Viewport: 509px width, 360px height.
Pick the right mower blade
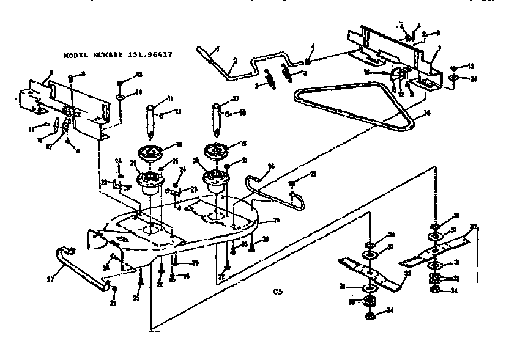click(436, 249)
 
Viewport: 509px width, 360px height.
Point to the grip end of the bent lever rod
click(204, 53)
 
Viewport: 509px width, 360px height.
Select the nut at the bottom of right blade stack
click(436, 290)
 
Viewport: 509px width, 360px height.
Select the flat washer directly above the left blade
click(371, 253)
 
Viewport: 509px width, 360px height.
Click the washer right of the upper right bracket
click(454, 78)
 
